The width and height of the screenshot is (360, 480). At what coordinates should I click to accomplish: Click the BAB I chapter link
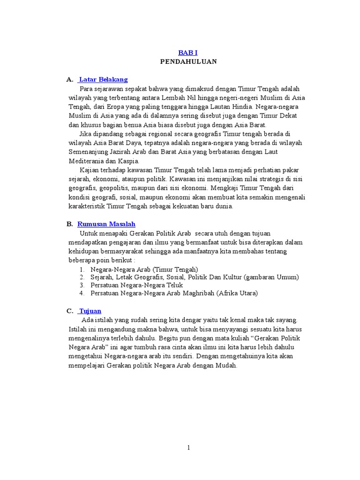tap(188, 52)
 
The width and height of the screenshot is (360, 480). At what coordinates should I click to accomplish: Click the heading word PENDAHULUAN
tap(188, 61)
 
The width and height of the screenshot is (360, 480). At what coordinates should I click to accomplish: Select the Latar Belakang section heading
tap(104, 80)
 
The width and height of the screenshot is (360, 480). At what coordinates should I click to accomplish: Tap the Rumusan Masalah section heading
tap(106, 224)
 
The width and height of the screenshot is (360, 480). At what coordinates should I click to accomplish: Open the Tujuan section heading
tap(90, 311)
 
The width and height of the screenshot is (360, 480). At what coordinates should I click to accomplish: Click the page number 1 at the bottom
tap(188, 448)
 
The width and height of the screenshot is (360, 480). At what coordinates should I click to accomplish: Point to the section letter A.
tap(69, 80)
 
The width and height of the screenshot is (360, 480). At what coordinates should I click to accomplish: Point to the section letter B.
tap(69, 224)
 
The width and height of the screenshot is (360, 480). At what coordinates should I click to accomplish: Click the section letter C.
tap(69, 311)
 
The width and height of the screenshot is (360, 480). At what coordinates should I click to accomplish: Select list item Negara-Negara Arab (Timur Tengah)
tap(144, 269)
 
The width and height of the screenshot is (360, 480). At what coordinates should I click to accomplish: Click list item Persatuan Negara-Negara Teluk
tap(136, 285)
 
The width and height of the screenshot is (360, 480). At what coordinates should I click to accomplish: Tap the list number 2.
tap(81, 277)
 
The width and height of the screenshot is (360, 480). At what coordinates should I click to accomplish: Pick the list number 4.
tap(81, 293)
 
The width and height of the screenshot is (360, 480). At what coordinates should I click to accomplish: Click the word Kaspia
tap(130, 161)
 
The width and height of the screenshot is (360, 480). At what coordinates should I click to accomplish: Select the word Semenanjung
tap(88, 152)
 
